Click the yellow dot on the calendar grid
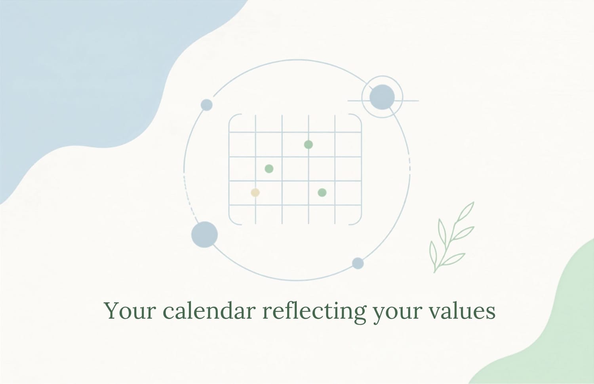pos(255,193)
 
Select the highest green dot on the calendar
pos(308,145)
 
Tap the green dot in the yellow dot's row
pos(322,193)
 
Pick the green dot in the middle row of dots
pos(269,169)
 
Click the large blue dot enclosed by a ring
pos(382,97)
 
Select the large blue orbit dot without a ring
pos(204,235)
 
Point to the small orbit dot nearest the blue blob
pos(207,105)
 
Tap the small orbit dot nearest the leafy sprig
pos(358,263)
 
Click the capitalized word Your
pos(129,310)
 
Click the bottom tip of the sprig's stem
pos(434,272)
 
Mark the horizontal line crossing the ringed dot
pos(383,101)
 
